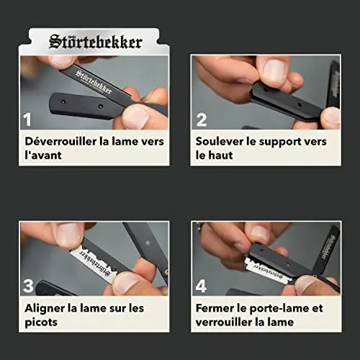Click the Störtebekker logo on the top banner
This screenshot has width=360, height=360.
[x=96, y=42]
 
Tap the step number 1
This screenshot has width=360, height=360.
[x=27, y=120]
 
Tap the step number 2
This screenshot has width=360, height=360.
[x=202, y=120]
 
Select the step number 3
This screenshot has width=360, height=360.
[x=28, y=286]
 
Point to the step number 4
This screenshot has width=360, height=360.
[x=201, y=286]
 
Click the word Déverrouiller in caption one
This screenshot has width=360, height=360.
[x=60, y=141]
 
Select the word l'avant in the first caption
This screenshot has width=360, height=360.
[x=43, y=155]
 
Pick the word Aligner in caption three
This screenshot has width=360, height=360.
[x=45, y=309]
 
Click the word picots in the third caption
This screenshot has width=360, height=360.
[x=41, y=323]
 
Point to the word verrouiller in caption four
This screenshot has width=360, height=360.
[x=224, y=322]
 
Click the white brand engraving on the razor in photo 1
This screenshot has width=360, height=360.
[x=94, y=82]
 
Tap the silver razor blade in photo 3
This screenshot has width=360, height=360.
[x=93, y=264]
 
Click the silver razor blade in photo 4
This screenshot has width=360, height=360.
[x=267, y=271]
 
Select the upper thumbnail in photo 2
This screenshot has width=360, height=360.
[x=274, y=71]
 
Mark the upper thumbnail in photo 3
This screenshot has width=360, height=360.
[x=70, y=234]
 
